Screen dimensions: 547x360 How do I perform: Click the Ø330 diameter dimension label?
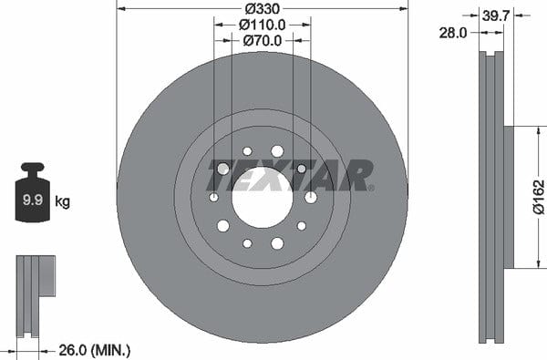tap(263, 8)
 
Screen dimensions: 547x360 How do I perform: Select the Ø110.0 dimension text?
tap(263, 25)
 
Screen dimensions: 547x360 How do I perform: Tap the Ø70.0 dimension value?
tap(263, 41)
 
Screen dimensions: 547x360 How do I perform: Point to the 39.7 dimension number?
tap(496, 15)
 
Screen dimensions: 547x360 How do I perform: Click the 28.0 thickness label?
tap(452, 33)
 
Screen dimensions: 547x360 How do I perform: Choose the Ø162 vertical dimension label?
tap(538, 196)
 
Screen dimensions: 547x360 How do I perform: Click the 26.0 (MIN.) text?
tap(95, 349)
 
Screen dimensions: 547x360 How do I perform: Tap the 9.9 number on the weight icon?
tap(33, 200)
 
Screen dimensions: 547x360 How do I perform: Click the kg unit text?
tap(62, 201)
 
